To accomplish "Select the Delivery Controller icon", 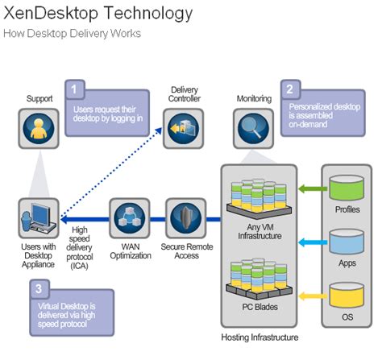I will click(x=181, y=127).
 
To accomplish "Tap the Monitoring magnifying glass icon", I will click(x=251, y=127).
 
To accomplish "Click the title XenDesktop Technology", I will click(x=98, y=14).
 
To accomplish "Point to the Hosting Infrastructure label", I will click(x=260, y=337).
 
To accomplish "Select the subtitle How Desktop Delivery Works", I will click(x=72, y=34).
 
